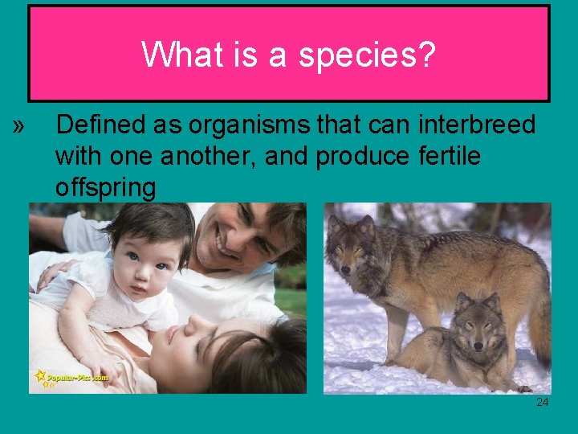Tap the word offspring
(105, 188)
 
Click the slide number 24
(543, 402)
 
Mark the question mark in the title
(426, 55)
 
